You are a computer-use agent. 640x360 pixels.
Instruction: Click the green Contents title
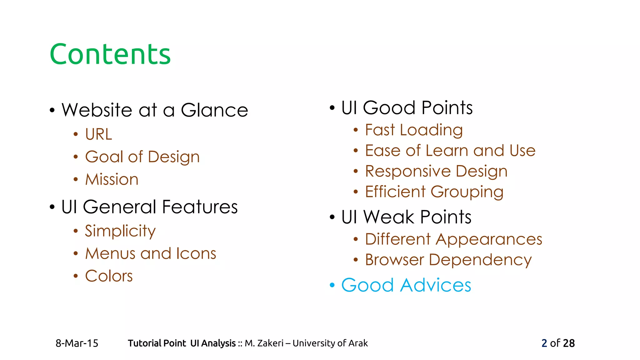110,54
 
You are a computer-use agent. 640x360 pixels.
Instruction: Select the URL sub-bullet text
98,134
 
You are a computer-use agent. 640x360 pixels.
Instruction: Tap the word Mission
112,179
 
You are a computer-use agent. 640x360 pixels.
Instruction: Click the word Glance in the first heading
214,110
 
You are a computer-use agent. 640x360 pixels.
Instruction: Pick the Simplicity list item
120,231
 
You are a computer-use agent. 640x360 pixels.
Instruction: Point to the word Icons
196,253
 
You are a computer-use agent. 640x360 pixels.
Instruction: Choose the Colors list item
109,276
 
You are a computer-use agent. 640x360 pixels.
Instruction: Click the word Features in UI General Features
200,207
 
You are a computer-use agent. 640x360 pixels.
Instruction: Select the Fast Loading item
413,130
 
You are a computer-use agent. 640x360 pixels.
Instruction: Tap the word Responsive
407,172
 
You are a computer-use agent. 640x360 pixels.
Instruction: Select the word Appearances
489,239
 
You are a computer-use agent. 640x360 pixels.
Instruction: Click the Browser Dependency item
448,260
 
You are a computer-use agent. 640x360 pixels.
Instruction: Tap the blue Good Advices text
406,285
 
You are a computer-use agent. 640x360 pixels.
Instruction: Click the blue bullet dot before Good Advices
332,285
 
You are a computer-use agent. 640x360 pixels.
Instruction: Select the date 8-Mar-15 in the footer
77,343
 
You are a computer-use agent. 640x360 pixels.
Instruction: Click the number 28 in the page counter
569,343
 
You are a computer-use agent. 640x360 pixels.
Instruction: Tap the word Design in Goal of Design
173,157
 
